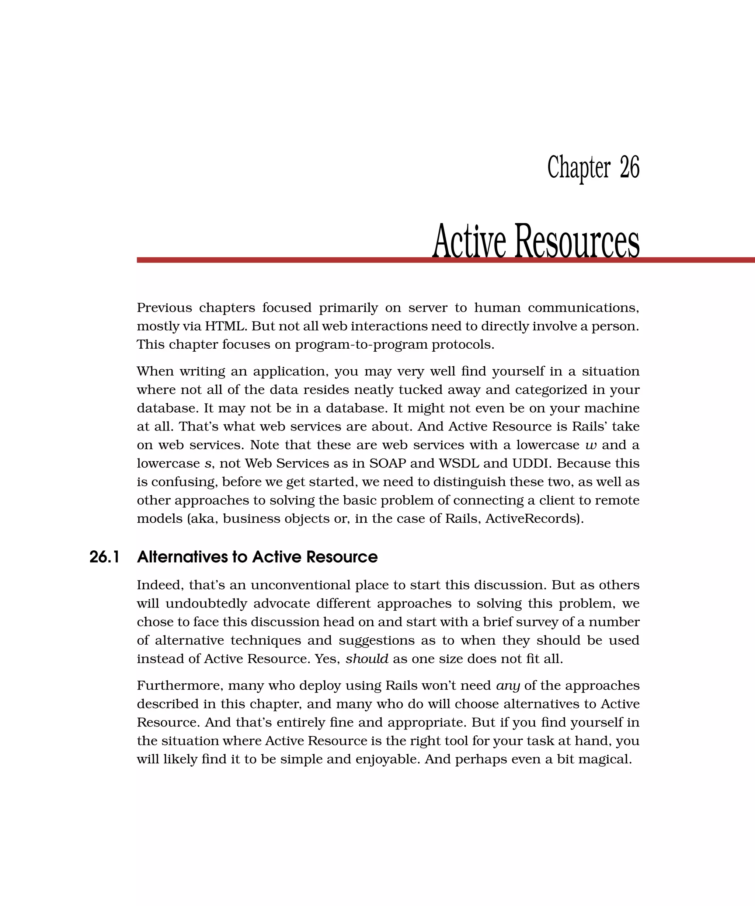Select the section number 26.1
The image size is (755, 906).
point(104,557)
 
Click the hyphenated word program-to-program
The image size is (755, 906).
point(362,345)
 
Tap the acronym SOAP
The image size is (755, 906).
point(387,463)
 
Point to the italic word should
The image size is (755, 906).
point(367,659)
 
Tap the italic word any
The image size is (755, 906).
point(508,686)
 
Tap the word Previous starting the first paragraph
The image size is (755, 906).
point(164,308)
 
